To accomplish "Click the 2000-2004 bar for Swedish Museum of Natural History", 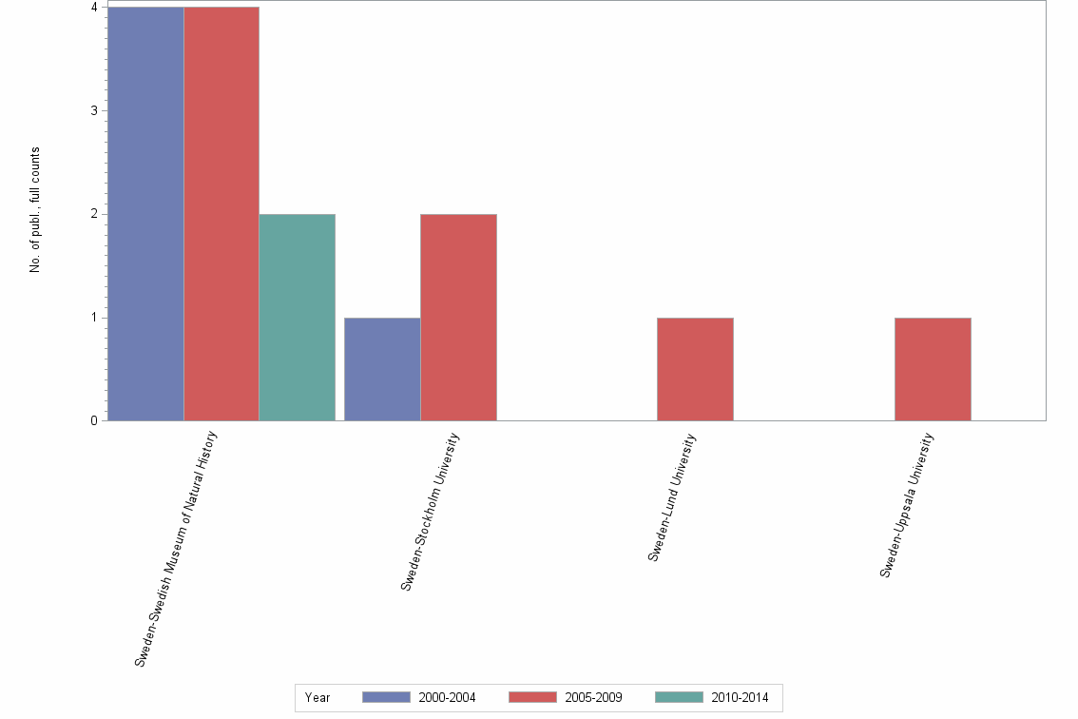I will tap(145, 214).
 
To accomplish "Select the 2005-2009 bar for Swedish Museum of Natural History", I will tap(221, 214).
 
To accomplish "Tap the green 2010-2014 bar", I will tap(298, 317).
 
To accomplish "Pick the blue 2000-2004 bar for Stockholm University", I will tap(382, 369).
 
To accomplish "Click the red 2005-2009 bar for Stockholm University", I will tap(458, 317).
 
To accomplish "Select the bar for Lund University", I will tap(695, 369).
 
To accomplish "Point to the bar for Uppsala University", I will tap(933, 369).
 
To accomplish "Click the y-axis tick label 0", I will tap(94, 420).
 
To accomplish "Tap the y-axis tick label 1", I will tap(94, 318).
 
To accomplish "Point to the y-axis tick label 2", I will tap(94, 214).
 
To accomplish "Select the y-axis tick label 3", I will tap(94, 110).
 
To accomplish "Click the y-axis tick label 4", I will tap(94, 8).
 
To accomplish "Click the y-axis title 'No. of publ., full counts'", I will tap(35, 210).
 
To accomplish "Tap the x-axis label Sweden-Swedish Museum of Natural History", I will tap(177, 548).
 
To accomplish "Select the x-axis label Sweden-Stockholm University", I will tap(431, 511).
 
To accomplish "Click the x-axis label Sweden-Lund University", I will tap(673, 497).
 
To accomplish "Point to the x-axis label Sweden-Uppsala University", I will tap(907, 505).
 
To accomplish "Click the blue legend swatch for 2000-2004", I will tap(386, 698).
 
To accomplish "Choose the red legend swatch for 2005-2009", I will tap(532, 698).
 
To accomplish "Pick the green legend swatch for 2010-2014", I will tap(680, 698).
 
